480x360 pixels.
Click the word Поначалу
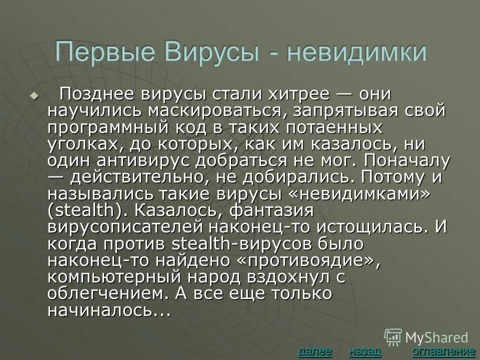pos(407,161)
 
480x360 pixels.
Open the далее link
pos(314,351)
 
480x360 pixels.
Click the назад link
pos(365,351)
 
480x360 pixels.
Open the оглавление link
pos(443,351)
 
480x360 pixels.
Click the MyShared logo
pos(426,337)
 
